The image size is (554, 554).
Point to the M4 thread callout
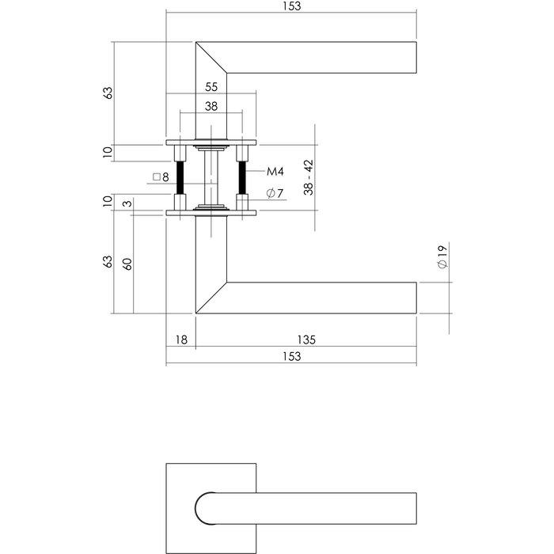point(275,172)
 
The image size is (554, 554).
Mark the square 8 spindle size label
point(161,177)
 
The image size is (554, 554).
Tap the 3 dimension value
point(127,205)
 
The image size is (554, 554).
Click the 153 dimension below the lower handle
point(291,357)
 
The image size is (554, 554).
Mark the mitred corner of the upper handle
point(211,57)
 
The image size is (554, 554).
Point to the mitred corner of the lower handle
point(211,298)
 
